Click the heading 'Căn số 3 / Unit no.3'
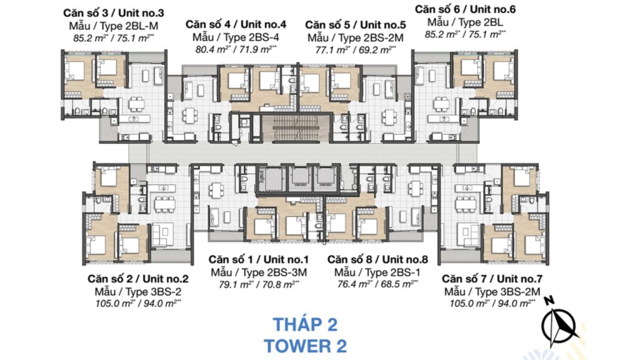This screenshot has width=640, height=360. point(114,13)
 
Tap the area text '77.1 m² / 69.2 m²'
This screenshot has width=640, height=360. point(356,50)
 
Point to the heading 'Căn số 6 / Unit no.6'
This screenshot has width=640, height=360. point(465,9)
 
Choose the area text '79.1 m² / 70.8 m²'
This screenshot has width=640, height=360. point(258,284)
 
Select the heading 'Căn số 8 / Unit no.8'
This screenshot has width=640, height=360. point(377,259)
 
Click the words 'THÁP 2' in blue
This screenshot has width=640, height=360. point(305,325)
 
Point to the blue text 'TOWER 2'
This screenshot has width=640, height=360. point(305,346)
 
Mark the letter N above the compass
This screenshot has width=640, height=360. point(549,301)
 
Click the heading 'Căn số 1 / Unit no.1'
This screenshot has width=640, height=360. point(258,259)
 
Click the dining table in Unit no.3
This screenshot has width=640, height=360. point(136,104)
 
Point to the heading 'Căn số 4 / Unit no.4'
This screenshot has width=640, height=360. point(236,24)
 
